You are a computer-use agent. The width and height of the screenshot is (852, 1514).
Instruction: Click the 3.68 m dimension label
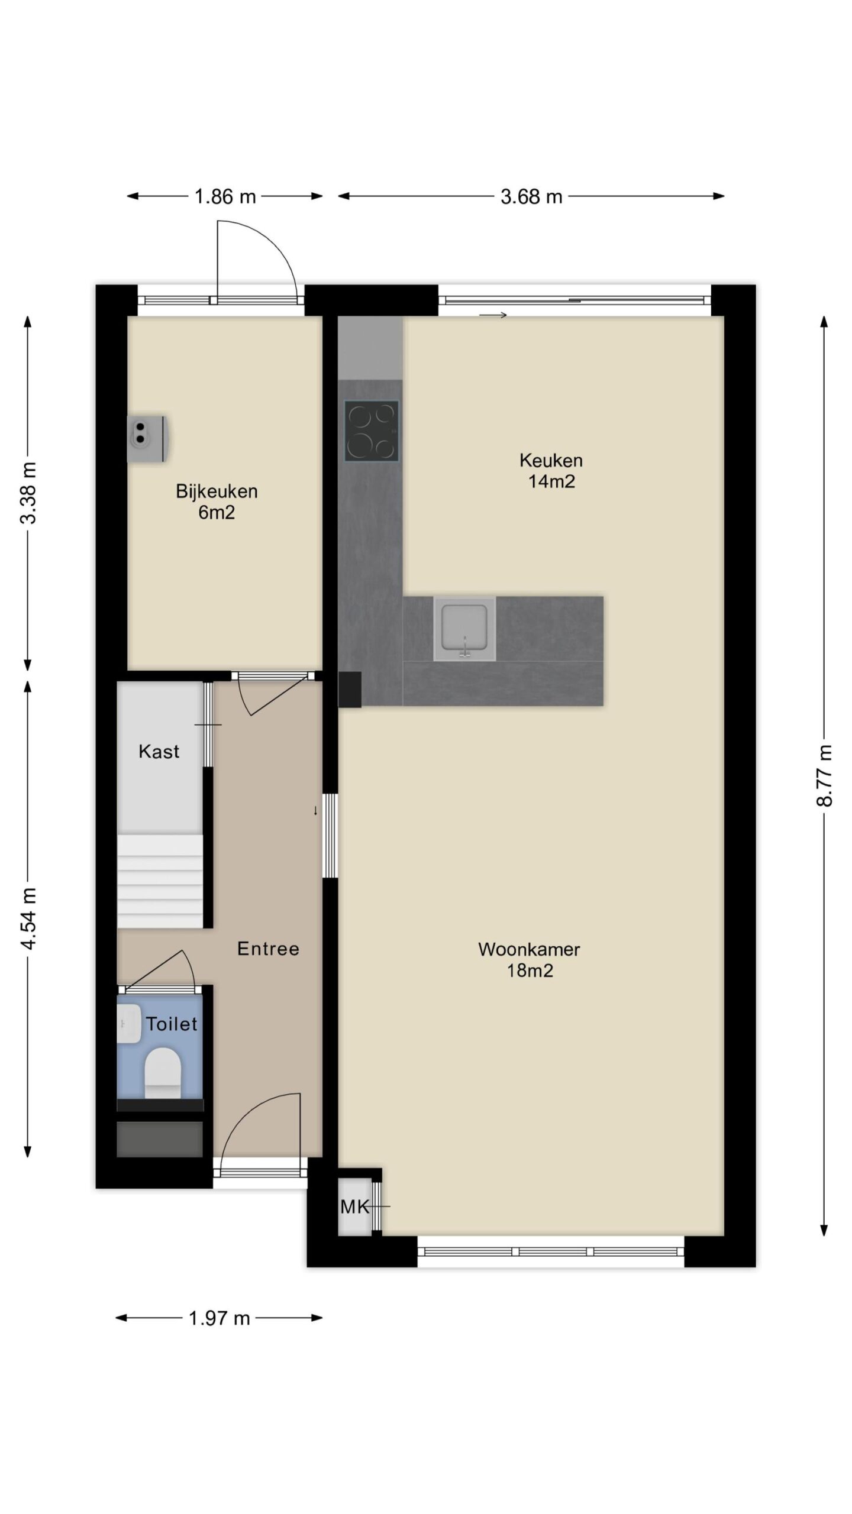531,196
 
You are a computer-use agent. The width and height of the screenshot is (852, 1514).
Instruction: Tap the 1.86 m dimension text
225,196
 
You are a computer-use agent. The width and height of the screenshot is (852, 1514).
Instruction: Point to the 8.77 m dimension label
824,775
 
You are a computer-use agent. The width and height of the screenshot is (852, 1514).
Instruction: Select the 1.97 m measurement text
220,1318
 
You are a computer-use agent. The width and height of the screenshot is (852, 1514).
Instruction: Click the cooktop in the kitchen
372,431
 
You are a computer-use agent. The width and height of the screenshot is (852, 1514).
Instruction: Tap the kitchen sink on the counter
464,628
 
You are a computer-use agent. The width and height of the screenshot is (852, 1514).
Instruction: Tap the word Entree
268,949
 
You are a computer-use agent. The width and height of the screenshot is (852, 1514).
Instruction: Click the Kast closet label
159,752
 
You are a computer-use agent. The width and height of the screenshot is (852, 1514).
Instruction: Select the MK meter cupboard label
355,1206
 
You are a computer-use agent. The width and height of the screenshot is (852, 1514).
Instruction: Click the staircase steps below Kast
160,881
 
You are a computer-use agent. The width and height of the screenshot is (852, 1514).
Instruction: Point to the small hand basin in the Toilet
129,1023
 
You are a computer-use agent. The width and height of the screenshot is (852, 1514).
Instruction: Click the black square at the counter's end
350,689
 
